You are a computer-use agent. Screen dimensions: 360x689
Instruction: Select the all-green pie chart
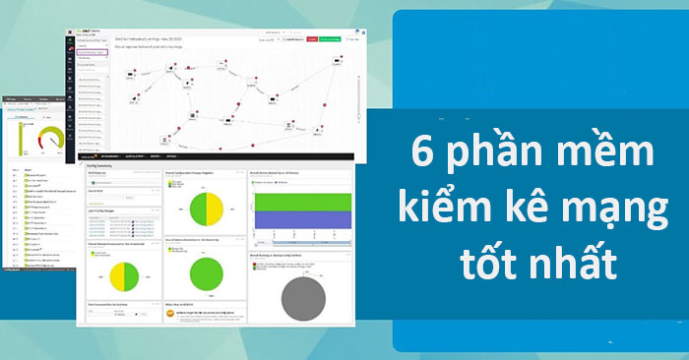coord(208,273)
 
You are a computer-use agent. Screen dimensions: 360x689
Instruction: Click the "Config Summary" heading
coord(101,167)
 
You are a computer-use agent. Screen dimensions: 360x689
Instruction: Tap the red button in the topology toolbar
coord(312,40)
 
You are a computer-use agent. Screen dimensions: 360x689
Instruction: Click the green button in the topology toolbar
coord(330,40)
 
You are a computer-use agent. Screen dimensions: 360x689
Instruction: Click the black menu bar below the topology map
coord(217,156)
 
